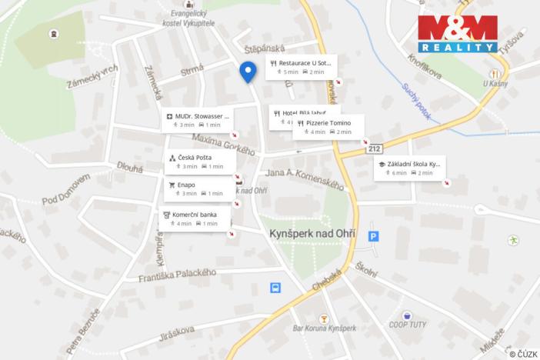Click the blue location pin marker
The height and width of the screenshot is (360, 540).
point(248,72)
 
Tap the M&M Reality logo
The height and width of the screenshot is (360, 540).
point(458,33)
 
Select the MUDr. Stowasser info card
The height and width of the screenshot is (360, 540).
point(197,120)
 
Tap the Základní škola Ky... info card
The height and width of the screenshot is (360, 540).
point(409,168)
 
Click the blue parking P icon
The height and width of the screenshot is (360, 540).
point(373,237)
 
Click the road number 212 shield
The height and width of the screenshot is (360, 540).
point(374,148)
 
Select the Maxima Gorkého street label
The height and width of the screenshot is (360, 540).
point(223,144)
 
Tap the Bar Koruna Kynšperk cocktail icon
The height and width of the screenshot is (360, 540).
point(324,318)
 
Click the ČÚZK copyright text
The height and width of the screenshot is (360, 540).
point(523,353)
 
